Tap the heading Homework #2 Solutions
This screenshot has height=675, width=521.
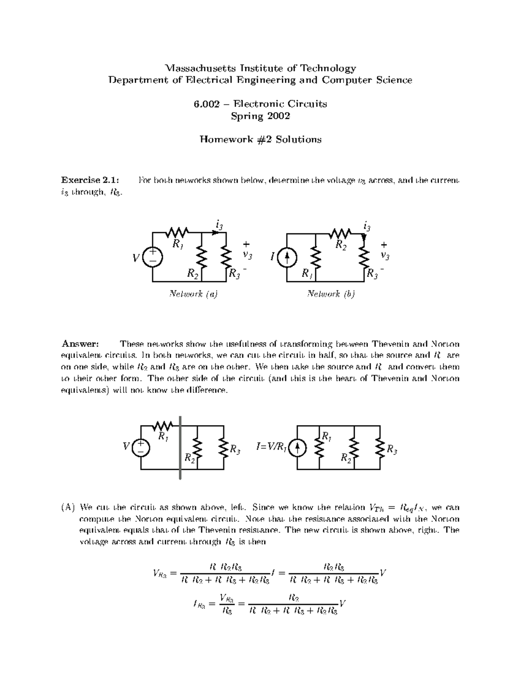click(x=260, y=140)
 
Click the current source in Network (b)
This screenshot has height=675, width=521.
click(x=287, y=258)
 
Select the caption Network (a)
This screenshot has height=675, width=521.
click(x=193, y=294)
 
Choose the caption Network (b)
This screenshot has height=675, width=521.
click(x=331, y=294)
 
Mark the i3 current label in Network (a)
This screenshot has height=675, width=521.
click(x=219, y=225)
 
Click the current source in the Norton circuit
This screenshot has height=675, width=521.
click(x=298, y=448)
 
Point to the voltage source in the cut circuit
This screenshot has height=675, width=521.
click(x=141, y=447)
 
